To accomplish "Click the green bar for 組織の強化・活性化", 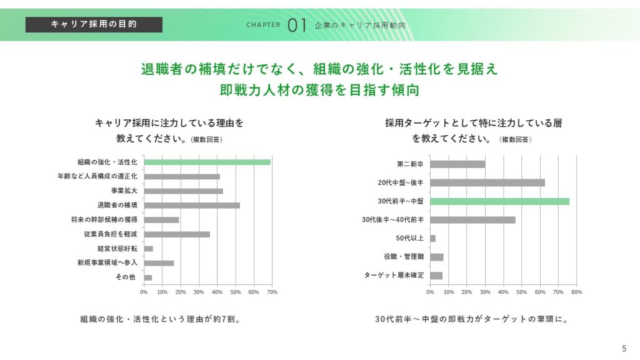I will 207,162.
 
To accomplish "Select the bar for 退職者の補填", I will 192,205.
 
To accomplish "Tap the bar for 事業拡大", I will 183,191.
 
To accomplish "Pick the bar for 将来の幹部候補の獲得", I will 161,220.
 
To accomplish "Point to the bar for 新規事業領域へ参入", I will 159,263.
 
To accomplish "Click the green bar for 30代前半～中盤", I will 499,201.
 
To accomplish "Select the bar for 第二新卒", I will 457,164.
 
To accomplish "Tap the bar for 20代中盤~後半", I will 487,182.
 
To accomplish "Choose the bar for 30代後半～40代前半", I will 472,220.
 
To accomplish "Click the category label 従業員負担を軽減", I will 111,234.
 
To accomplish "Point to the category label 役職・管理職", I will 404,257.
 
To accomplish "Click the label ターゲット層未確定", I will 394,275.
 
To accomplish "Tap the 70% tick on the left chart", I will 272,292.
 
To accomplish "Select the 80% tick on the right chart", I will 576,292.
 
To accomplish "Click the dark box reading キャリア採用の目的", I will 94,24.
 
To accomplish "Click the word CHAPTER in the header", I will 263,26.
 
